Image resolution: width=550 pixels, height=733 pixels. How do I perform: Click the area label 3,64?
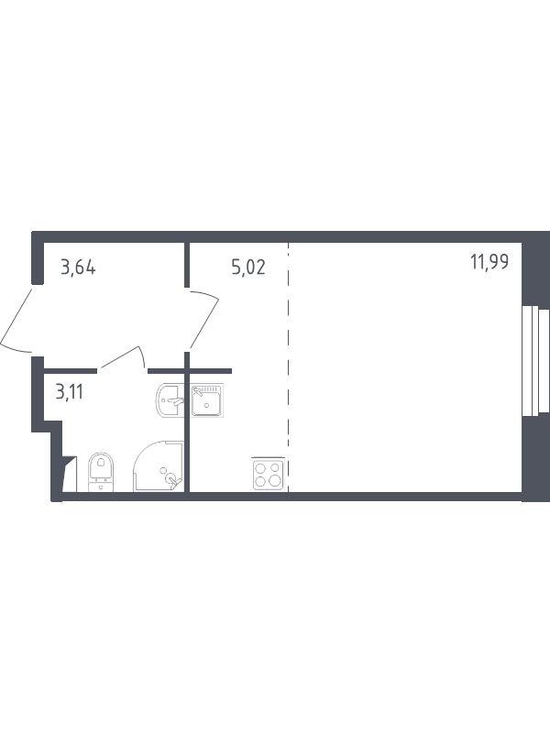[78, 268]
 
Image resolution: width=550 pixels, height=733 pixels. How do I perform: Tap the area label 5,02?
[248, 268]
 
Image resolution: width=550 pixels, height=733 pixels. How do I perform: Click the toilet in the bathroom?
[100, 473]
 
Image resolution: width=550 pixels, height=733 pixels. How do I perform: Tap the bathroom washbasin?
[171, 399]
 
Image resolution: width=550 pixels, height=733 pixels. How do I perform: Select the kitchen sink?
[209, 400]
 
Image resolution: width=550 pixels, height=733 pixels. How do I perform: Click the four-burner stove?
[267, 473]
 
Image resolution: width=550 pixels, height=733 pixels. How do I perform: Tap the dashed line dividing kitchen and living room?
[288, 366]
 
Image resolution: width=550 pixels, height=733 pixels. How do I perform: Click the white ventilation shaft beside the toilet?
[68, 476]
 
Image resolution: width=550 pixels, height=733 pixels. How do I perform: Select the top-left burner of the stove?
[260, 466]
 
